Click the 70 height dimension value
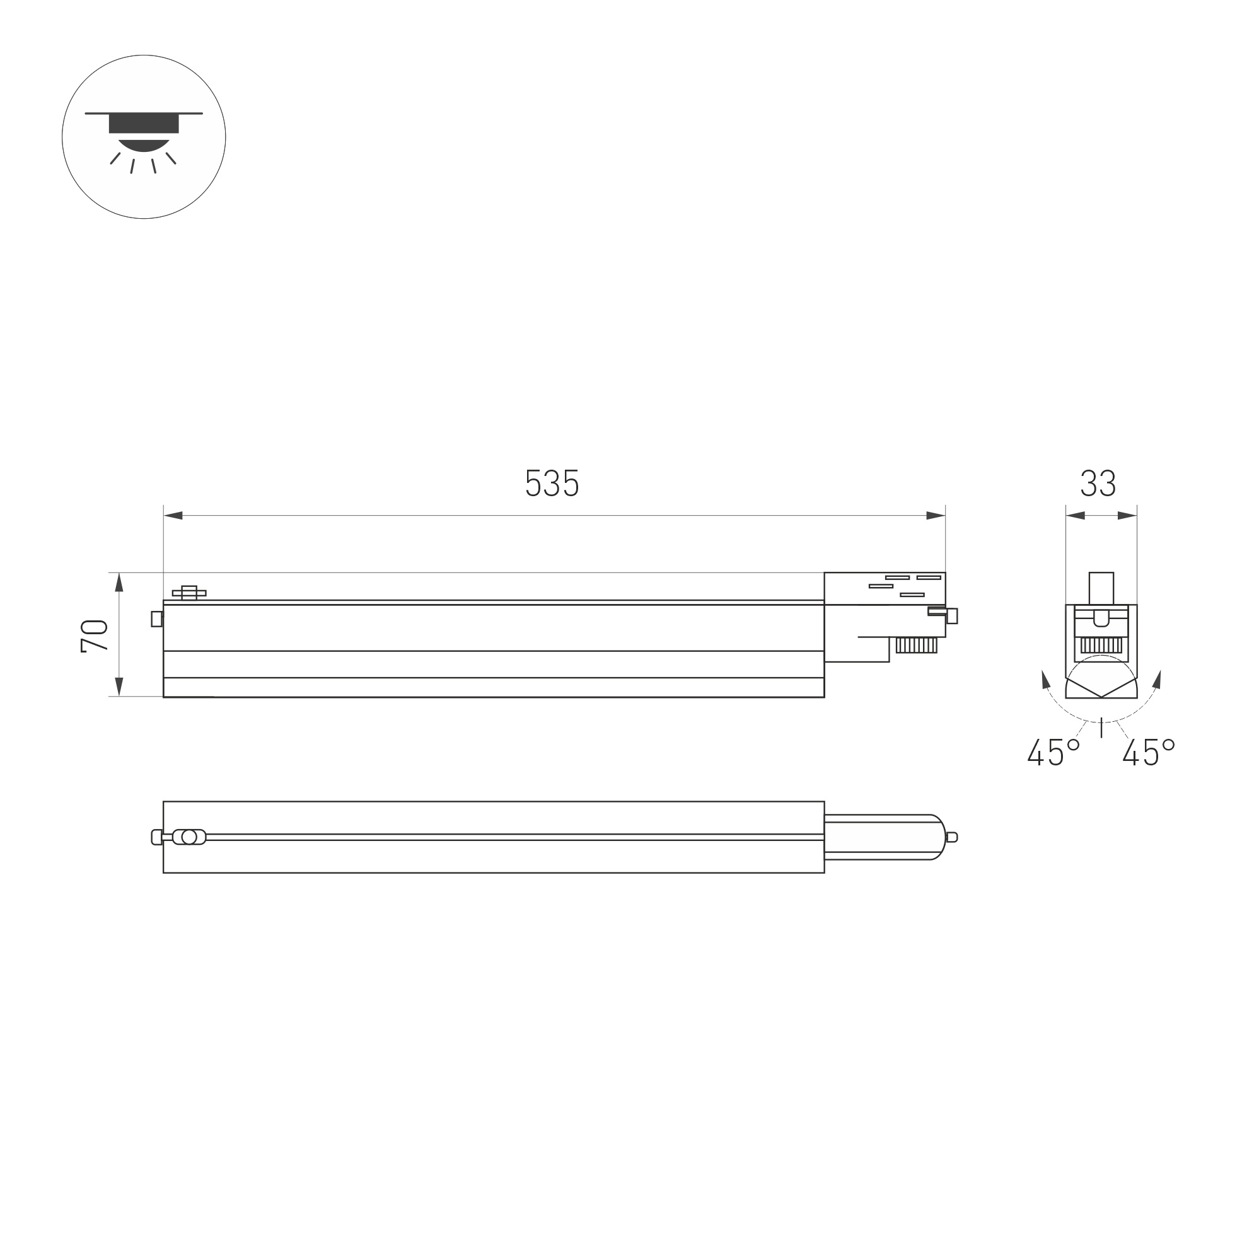95,636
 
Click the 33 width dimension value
1099,483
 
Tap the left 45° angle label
1053,752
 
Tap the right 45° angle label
1148,752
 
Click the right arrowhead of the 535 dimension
936,516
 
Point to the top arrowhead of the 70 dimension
119,582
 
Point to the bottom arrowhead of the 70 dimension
119,686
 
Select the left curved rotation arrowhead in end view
1045,680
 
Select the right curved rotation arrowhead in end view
1157,680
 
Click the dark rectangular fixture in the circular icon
143,123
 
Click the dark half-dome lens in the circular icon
143,146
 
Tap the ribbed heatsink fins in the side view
916,645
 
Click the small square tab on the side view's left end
156,618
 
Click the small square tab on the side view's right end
952,616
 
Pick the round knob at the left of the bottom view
189,837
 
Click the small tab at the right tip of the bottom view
951,837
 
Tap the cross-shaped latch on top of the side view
189,593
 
